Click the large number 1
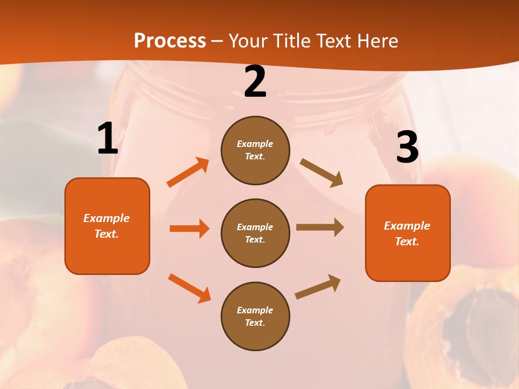(x=108, y=139)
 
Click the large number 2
(x=255, y=82)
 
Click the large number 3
(x=407, y=147)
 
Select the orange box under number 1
(x=107, y=226)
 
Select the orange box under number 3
(x=408, y=233)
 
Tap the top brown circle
(x=255, y=150)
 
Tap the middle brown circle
(x=255, y=233)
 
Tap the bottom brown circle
(x=255, y=316)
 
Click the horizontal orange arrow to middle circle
(x=189, y=229)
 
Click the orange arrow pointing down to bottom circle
(x=189, y=287)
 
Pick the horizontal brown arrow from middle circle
(x=320, y=227)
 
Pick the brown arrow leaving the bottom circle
(x=318, y=286)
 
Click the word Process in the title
(x=170, y=41)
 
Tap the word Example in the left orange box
(x=107, y=218)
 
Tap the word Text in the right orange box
(x=407, y=242)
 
